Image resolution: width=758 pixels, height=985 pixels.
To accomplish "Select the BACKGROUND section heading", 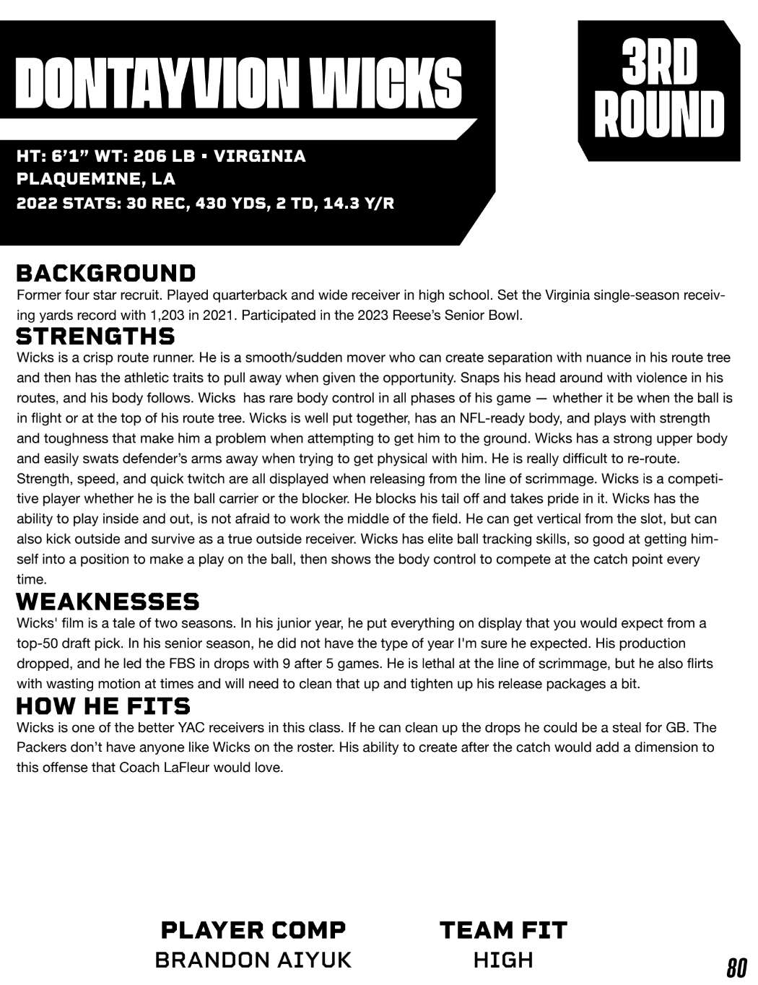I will (x=106, y=274).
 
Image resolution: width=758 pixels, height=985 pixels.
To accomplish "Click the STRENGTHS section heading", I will (x=95, y=337).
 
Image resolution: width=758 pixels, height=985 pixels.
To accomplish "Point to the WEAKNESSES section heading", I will (x=108, y=602).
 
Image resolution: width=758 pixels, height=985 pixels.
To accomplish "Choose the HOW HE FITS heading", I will (x=103, y=706).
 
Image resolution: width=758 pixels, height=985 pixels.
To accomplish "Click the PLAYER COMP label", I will (x=253, y=929).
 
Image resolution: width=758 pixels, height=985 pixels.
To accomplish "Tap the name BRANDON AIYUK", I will (x=253, y=960).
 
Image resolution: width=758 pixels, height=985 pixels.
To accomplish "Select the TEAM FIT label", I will (x=503, y=929).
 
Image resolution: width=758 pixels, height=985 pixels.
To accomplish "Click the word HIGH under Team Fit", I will (x=503, y=960).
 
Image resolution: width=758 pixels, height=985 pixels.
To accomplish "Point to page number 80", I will (x=736, y=966).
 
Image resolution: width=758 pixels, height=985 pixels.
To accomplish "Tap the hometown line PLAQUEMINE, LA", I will (x=96, y=179).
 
